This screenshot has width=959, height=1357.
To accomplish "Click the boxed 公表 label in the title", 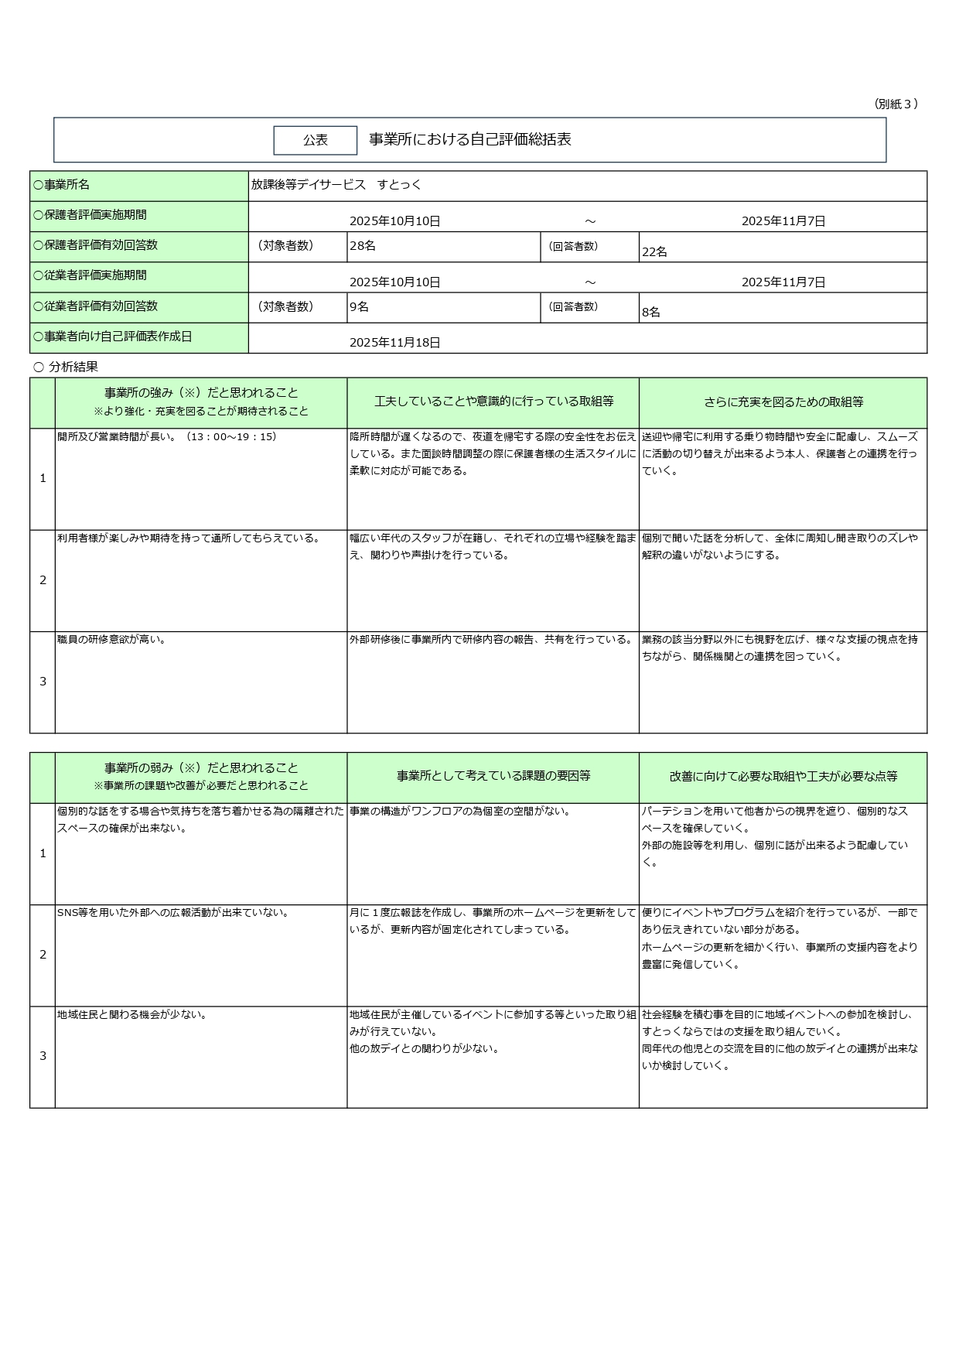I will (x=315, y=140).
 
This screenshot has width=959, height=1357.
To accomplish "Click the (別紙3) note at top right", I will (x=896, y=104).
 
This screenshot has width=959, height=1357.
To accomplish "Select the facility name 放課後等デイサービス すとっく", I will (x=336, y=185).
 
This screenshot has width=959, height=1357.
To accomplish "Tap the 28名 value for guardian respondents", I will (x=363, y=246).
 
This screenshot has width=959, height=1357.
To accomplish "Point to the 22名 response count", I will (x=654, y=251).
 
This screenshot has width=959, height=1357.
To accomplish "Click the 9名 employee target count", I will (x=359, y=307).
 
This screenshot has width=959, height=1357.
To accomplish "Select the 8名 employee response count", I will (x=651, y=313).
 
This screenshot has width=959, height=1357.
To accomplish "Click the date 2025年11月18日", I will (x=394, y=342).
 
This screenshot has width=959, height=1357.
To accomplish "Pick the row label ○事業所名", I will (x=61, y=185).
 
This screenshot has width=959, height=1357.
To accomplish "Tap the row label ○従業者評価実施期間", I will (x=90, y=275).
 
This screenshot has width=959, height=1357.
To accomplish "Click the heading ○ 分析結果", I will (x=66, y=367).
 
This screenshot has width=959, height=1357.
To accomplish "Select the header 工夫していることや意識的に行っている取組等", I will (x=493, y=402).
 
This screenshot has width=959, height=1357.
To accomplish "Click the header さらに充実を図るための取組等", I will (x=783, y=402).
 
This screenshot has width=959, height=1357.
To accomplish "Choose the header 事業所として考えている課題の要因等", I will (x=493, y=776).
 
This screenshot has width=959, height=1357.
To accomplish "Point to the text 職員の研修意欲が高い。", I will (x=112, y=640).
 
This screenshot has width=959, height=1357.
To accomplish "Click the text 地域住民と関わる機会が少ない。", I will (x=132, y=1014).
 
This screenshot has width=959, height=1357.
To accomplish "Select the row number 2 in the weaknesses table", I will (x=43, y=955).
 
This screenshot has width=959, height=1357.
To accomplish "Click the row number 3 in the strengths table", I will (x=43, y=682).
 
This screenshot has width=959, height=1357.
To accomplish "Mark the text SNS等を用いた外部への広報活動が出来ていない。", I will (x=173, y=913).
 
